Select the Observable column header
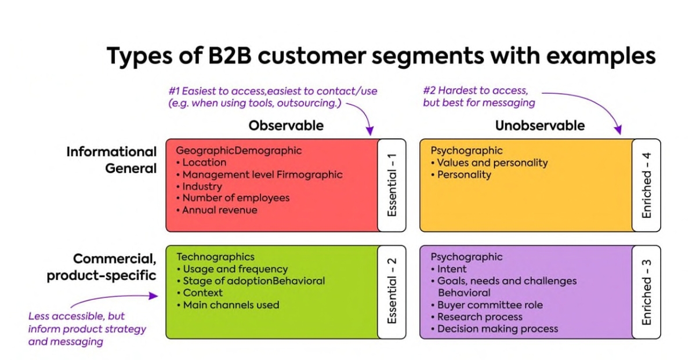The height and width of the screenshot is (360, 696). coord(286,126)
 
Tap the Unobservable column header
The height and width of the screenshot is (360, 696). coord(539,126)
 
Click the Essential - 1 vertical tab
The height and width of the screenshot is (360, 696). coord(393,185)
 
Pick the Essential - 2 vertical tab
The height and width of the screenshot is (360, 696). coord(393,292)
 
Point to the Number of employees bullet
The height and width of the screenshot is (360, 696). coord(235,198)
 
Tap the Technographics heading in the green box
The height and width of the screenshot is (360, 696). coord(215,257)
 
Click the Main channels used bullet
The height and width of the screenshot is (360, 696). coord(231,305)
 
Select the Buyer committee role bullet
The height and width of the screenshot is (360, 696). coord(490,305)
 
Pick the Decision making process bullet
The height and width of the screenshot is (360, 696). coord(498,329)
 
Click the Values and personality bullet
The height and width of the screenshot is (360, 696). coord(492,163)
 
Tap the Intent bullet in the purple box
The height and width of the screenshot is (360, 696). coord(452,269)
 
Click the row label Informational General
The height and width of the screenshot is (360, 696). coord(111,160)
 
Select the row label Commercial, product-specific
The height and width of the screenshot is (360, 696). coord(102,267)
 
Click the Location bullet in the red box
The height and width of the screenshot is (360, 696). coord(204,162)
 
